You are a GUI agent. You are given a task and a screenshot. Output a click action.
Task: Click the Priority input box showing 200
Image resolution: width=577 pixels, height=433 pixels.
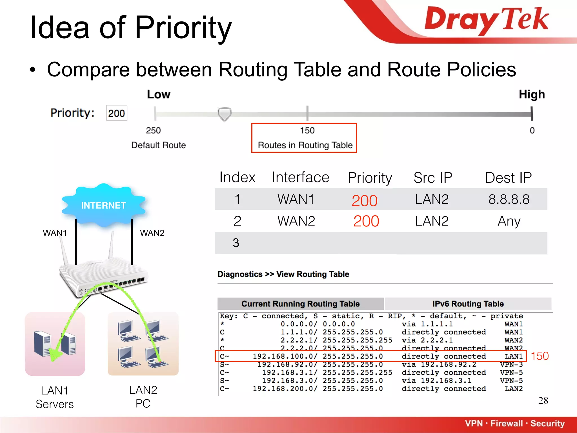point(116,113)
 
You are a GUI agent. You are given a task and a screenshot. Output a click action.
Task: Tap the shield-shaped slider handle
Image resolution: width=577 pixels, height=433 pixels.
point(225,114)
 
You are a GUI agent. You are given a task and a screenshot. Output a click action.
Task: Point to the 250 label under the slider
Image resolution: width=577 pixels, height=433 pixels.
point(153,131)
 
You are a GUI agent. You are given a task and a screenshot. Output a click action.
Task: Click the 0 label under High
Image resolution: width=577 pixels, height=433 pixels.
point(532,131)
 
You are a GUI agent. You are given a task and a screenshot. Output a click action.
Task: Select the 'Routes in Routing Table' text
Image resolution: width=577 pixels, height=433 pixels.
point(305,145)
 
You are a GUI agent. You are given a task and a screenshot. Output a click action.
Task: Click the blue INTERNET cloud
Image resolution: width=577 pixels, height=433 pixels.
point(103,205)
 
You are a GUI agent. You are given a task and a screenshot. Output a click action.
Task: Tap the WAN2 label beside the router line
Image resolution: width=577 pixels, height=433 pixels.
point(152,233)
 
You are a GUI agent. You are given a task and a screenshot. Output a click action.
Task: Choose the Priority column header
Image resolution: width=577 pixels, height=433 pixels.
point(370,178)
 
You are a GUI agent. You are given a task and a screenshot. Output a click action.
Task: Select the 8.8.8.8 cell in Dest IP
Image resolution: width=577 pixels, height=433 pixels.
point(509,199)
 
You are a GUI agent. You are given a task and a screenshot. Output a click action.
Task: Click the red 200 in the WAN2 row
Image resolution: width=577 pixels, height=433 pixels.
point(366,221)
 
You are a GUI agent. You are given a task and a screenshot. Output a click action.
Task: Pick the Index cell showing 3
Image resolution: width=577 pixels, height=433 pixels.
point(236,243)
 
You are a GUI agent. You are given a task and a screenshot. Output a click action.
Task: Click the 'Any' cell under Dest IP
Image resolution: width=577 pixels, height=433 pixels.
point(509,221)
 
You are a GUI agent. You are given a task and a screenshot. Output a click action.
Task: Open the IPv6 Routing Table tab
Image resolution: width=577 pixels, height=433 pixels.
point(468,304)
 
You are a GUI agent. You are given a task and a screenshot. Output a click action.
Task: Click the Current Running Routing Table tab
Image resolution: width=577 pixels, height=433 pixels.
point(300,304)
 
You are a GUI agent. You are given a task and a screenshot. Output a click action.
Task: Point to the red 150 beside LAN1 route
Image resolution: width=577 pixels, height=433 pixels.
point(540,356)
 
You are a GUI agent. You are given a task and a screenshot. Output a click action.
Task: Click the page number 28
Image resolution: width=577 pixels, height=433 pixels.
point(543,401)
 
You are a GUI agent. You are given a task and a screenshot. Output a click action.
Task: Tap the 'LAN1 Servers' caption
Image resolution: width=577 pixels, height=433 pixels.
point(55,397)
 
